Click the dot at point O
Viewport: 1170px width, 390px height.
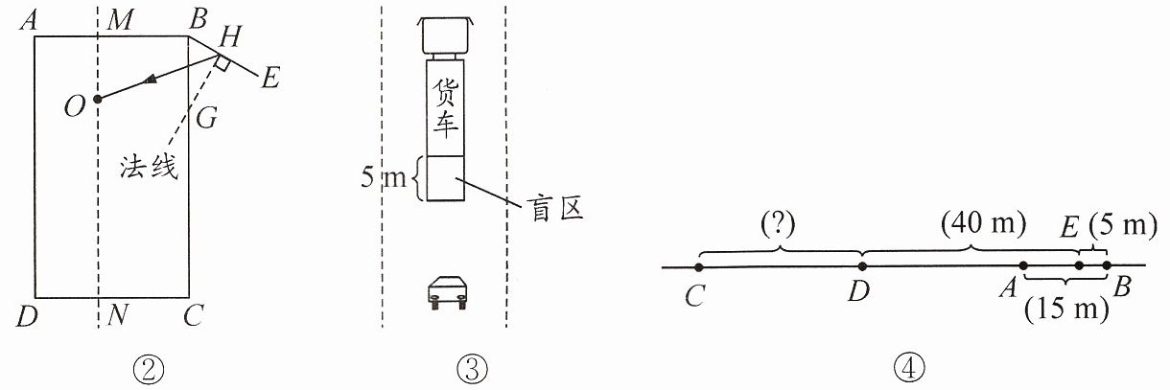(97, 99)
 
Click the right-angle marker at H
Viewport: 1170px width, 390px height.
(222, 63)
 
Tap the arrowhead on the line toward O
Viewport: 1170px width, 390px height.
(150, 80)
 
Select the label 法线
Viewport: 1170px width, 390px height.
(149, 167)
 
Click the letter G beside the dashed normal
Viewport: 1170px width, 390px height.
(206, 118)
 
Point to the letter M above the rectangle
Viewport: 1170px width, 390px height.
(120, 20)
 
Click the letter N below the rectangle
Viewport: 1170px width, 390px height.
(118, 315)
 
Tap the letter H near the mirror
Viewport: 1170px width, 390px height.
(230, 36)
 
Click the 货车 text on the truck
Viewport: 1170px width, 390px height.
(446, 108)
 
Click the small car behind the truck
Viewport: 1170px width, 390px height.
(447, 292)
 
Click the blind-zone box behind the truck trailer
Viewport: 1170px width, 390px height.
(445, 178)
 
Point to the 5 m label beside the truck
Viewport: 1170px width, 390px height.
(383, 177)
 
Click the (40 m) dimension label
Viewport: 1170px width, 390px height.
(984, 223)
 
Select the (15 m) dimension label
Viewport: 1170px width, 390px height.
(1066, 310)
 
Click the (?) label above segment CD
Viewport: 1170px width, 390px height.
(779, 224)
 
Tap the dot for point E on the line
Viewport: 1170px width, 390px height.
(1079, 265)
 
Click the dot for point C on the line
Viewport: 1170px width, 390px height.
(699, 267)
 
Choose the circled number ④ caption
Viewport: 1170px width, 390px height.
(909, 368)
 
